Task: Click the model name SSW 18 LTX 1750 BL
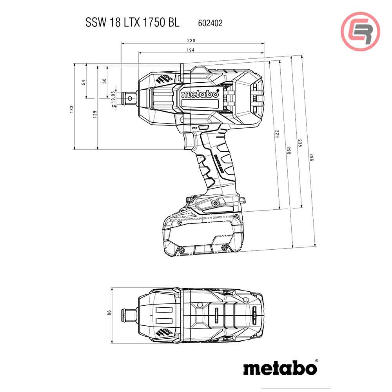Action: coord(132,23)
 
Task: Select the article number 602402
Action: coord(208,23)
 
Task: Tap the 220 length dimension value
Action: coord(191,40)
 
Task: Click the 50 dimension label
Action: coord(104,80)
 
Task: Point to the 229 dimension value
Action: coord(277,134)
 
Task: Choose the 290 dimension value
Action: coord(289,150)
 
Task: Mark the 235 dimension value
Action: coord(300,143)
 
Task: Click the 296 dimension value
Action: coord(312,157)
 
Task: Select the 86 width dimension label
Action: coord(109,312)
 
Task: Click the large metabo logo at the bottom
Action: coord(280,368)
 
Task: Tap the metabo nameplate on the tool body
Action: coord(200,94)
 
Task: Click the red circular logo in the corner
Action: coord(360,31)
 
